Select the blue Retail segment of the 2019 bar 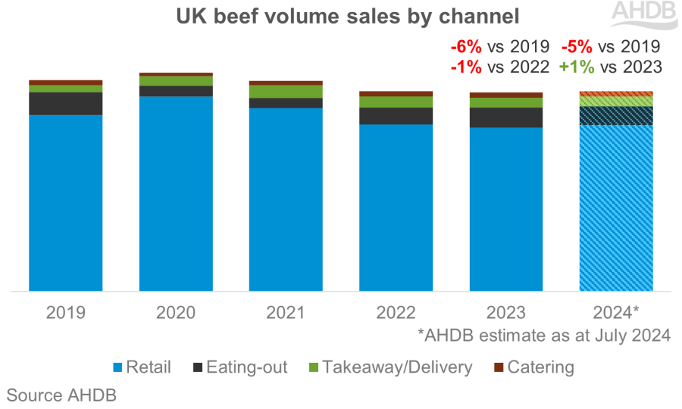66,202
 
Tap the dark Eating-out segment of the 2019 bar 66,104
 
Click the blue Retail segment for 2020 176,193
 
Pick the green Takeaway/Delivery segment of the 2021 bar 286,92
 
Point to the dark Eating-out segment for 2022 396,116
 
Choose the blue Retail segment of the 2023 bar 506,208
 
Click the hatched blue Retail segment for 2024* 616,207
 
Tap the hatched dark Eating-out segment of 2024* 616,115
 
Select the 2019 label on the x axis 66,311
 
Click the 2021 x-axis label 286,311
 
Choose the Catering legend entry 533,368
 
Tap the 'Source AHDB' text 61,395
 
